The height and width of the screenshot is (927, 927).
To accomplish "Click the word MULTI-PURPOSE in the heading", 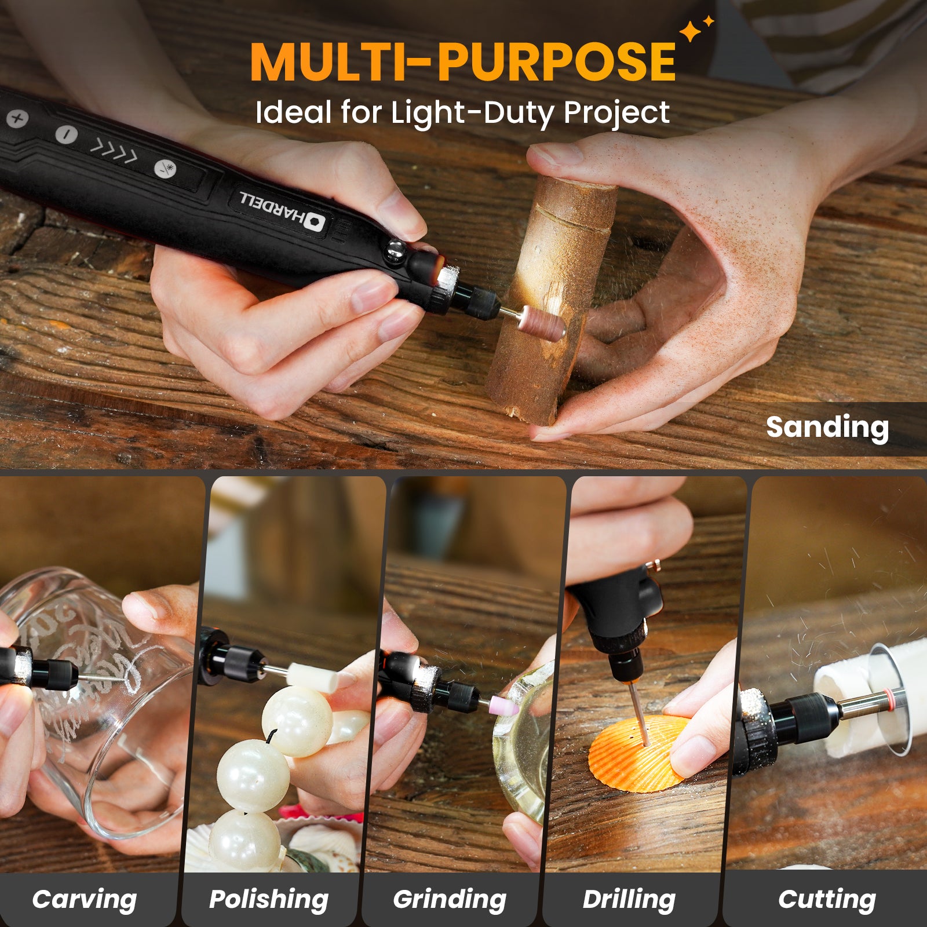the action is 463,61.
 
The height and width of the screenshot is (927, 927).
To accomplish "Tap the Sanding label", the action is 827,428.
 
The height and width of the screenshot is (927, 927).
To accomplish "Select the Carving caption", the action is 85,899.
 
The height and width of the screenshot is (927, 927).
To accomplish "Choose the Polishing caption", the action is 269,899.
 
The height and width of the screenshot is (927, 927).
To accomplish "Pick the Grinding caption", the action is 450,899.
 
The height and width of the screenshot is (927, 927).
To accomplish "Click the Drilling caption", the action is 629,899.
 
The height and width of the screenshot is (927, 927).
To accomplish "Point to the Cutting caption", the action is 827,899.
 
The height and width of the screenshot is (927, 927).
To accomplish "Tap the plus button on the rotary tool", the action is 17,119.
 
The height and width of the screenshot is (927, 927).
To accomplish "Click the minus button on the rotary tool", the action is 66,135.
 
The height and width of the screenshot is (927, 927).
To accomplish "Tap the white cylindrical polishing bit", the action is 313,677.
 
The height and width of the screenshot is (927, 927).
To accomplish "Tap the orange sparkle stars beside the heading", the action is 695,29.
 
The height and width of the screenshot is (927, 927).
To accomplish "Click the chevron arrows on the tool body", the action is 114,151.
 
